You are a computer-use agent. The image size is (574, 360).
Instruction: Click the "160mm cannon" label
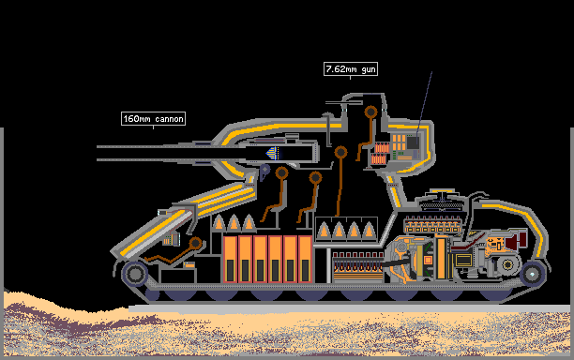[154, 118]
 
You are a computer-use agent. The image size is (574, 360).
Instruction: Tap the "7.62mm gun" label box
[351, 69]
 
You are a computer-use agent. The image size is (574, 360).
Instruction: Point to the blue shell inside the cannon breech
[273, 153]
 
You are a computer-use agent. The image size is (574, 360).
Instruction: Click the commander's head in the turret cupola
[370, 112]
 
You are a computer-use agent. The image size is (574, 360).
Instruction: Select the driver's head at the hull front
[195, 243]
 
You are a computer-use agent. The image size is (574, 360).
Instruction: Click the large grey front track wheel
[135, 274]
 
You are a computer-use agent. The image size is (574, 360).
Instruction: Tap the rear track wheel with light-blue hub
[533, 274]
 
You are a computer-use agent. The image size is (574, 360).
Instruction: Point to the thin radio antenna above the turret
[424, 103]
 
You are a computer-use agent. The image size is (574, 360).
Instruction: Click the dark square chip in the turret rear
[414, 142]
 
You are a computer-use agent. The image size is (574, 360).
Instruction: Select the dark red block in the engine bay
[516, 240]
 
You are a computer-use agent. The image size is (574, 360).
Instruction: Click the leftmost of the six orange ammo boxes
[230, 259]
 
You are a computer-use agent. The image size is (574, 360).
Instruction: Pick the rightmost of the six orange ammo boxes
[305, 259]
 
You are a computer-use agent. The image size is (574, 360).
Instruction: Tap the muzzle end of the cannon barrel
[98, 153]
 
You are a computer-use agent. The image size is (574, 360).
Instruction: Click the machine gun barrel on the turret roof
[334, 103]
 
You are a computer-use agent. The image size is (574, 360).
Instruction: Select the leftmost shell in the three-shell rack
[219, 222]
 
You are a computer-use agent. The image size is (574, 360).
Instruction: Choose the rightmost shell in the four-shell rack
[369, 230]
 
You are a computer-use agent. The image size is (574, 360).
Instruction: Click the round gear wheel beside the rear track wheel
[507, 264]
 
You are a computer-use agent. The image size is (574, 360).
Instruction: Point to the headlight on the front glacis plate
[162, 213]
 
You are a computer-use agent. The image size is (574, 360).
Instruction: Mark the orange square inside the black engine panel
[428, 260]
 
